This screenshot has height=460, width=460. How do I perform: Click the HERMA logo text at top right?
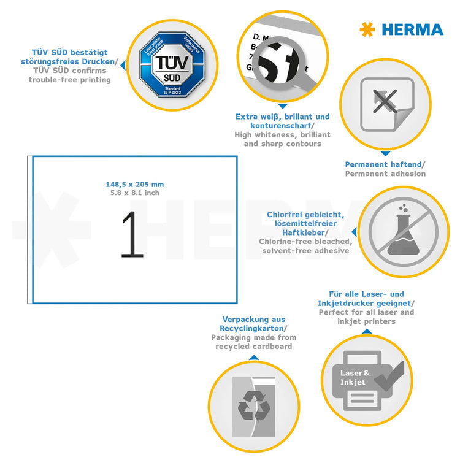pos(412,29)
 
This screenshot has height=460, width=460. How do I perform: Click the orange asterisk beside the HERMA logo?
pos(367,29)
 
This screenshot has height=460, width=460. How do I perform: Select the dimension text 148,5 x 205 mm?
pos(134,185)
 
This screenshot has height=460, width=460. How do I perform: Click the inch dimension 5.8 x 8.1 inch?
pos(134,193)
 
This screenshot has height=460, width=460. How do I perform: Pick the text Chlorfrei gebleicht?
pos(305,215)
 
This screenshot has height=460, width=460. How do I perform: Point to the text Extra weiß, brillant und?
pos(282,117)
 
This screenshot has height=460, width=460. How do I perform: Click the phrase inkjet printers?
pos(366,321)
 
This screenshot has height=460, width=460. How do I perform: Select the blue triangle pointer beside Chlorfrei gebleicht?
pos(354,232)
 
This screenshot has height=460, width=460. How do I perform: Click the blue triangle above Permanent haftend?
pos(385,153)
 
